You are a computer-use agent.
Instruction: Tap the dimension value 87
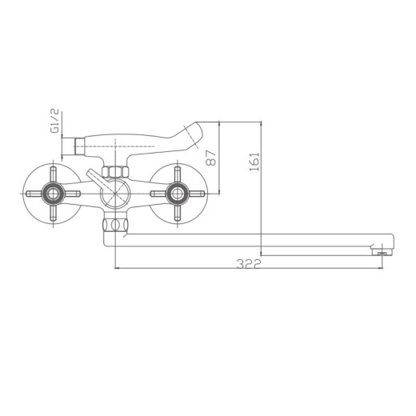[211, 158]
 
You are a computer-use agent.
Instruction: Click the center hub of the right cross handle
[177, 194]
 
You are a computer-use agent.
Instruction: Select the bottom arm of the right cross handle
[177, 213]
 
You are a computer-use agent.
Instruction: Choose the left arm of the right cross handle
[157, 194]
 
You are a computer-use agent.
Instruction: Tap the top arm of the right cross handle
[177, 174]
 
